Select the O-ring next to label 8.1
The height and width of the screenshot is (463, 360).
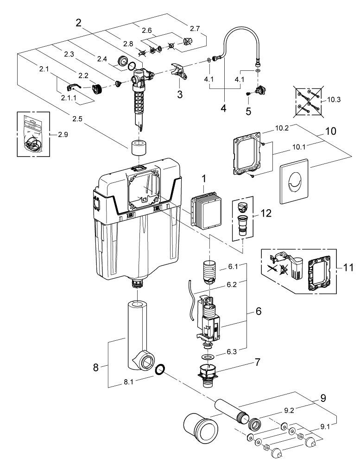[x=160, y=369]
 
